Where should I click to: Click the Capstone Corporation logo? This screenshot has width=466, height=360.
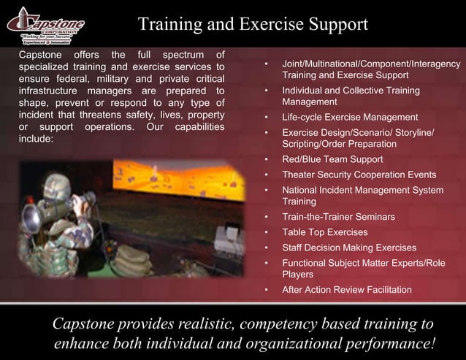45,27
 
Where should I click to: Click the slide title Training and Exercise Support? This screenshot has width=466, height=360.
253,25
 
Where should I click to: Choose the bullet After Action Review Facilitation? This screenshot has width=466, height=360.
347,290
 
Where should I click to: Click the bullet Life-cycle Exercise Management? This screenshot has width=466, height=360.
350,117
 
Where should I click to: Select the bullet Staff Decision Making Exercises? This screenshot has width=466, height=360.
349,248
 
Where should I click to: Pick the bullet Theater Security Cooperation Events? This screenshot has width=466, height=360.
359,175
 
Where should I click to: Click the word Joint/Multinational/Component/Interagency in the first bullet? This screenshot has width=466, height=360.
371,64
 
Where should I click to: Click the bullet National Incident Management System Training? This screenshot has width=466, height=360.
362,196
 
